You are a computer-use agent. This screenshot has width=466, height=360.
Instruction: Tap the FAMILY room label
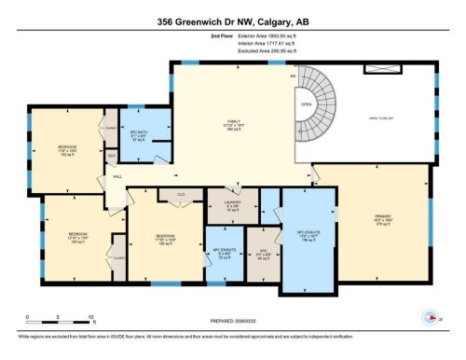(233, 125)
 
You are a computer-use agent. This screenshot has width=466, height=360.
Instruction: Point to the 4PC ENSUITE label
(223, 250)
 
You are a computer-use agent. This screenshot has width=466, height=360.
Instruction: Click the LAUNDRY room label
(232, 206)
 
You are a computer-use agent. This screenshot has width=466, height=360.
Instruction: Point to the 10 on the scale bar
(89, 317)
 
